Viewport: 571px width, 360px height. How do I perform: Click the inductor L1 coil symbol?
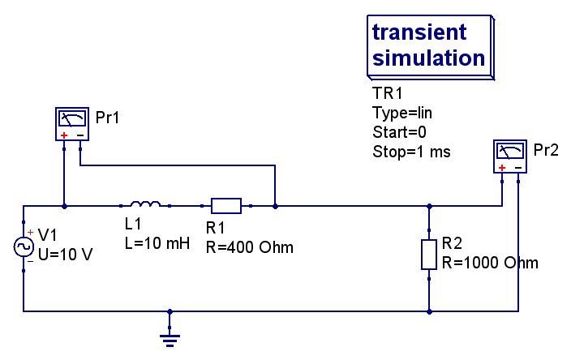click(x=145, y=204)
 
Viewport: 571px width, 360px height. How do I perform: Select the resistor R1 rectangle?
click(x=226, y=206)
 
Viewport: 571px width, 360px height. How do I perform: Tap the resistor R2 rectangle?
click(x=429, y=255)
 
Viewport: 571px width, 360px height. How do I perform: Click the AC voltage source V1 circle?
click(x=24, y=246)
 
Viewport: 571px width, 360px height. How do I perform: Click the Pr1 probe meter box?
click(x=72, y=124)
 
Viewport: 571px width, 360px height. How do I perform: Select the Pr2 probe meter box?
click(x=510, y=156)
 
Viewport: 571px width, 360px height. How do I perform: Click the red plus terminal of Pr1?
click(x=64, y=135)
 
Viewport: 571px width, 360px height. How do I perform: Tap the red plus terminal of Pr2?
click(x=502, y=168)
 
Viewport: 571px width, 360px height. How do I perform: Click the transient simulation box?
click(x=431, y=47)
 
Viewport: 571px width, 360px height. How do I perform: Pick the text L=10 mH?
click(x=157, y=243)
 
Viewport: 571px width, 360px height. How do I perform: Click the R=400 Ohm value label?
click(x=250, y=247)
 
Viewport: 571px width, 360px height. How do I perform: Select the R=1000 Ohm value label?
click(x=490, y=263)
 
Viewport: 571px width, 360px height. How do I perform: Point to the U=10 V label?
click(x=66, y=255)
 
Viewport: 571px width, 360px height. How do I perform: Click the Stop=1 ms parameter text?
click(x=411, y=152)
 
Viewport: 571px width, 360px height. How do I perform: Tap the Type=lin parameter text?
click(x=402, y=113)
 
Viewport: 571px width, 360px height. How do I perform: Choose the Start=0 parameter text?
click(x=400, y=132)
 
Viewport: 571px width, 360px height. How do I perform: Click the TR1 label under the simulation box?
click(x=388, y=93)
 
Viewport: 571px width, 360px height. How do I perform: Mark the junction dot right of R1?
click(x=275, y=207)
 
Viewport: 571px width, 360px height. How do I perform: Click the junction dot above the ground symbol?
click(x=170, y=311)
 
